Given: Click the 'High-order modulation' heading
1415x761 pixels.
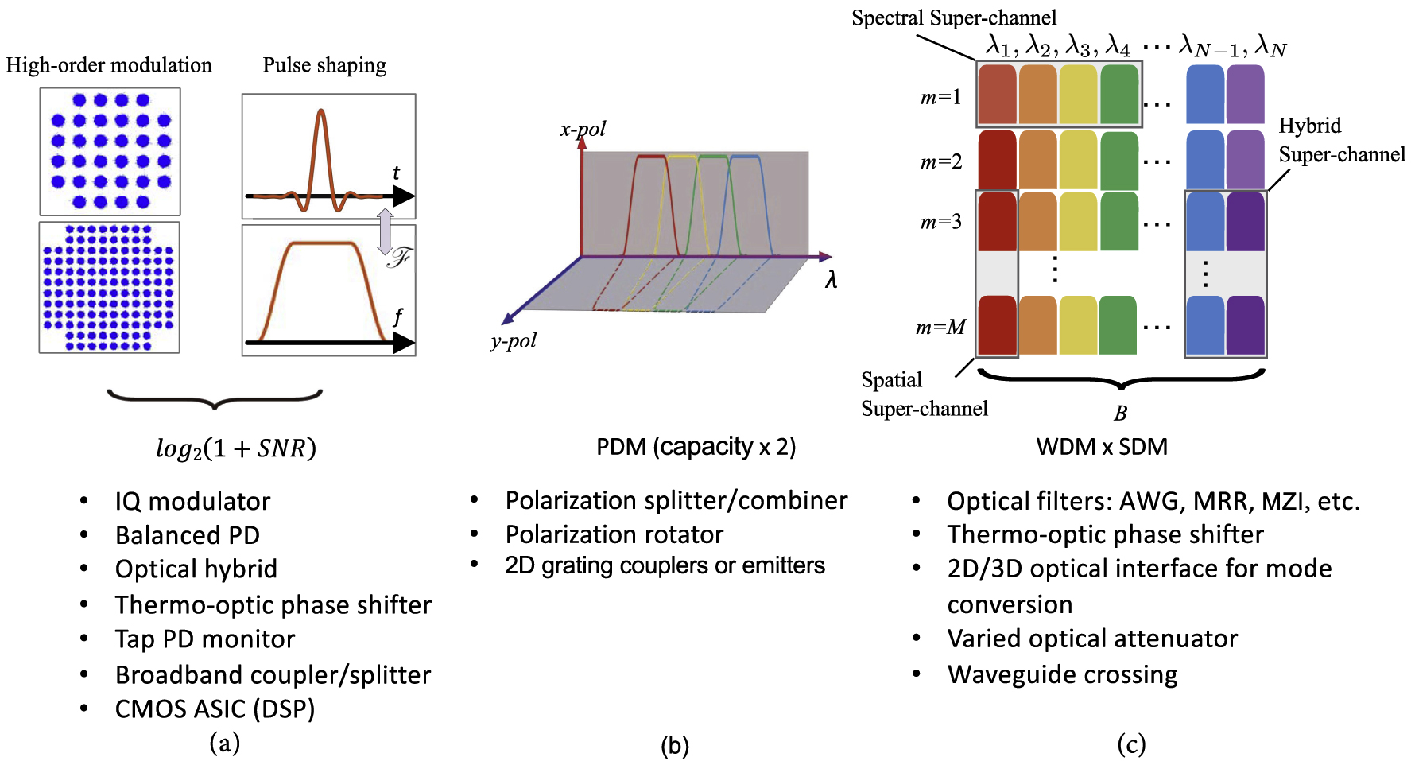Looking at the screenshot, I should click(x=109, y=65).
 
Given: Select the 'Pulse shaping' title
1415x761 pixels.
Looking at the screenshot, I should click(x=324, y=65).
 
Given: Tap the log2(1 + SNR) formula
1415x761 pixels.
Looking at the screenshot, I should click(x=235, y=448).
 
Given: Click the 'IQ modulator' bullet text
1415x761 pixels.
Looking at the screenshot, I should click(x=192, y=501).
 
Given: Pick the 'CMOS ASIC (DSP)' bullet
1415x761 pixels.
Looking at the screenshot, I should click(x=215, y=709).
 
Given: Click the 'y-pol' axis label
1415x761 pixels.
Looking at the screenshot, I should click(x=514, y=341).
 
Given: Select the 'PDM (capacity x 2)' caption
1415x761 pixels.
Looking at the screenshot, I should click(x=696, y=447).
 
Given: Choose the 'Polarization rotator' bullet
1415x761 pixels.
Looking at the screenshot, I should click(x=614, y=534).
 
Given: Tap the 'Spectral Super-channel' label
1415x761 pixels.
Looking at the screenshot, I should click(x=954, y=18).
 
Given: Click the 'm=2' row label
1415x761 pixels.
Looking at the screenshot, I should click(x=941, y=162).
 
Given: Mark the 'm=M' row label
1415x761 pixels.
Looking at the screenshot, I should click(x=940, y=327).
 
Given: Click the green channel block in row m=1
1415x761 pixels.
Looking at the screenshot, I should click(x=1119, y=94).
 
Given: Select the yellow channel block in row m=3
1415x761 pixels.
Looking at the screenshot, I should click(x=1078, y=221).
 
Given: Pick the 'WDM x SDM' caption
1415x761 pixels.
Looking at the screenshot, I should click(x=1102, y=447).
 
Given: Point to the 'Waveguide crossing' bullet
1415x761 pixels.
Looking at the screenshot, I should click(x=1062, y=674).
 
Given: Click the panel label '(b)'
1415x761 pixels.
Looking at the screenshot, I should click(x=675, y=745).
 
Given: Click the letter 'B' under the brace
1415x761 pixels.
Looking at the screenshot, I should click(x=1120, y=414).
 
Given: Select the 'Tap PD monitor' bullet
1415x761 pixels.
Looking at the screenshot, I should click(x=205, y=639).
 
